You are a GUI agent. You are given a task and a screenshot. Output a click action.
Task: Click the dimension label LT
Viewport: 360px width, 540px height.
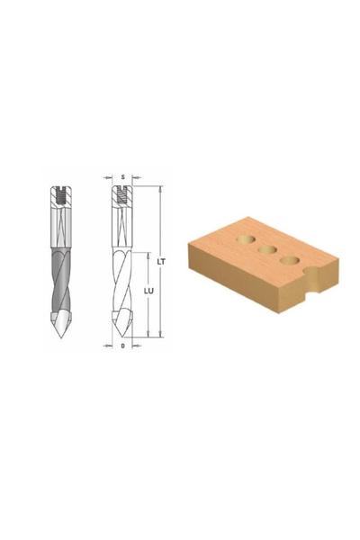(x=161, y=262)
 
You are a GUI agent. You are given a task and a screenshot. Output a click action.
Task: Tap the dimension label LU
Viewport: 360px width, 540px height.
(x=148, y=291)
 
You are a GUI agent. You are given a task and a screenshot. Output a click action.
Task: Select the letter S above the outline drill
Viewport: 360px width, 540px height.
(x=122, y=177)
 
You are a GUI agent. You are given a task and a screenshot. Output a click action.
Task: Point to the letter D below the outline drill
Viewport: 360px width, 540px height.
(x=122, y=346)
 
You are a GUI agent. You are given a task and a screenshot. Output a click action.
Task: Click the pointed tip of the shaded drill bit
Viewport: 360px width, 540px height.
(x=61, y=337)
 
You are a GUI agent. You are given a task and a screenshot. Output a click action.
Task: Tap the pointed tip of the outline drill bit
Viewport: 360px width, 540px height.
(x=122, y=337)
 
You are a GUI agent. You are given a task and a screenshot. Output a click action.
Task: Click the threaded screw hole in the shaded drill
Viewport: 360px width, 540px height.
(x=61, y=196)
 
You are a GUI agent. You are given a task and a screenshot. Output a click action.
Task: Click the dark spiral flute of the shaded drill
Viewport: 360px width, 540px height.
(x=60, y=280)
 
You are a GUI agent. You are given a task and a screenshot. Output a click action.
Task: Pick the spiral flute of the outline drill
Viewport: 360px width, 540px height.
(x=122, y=280)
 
